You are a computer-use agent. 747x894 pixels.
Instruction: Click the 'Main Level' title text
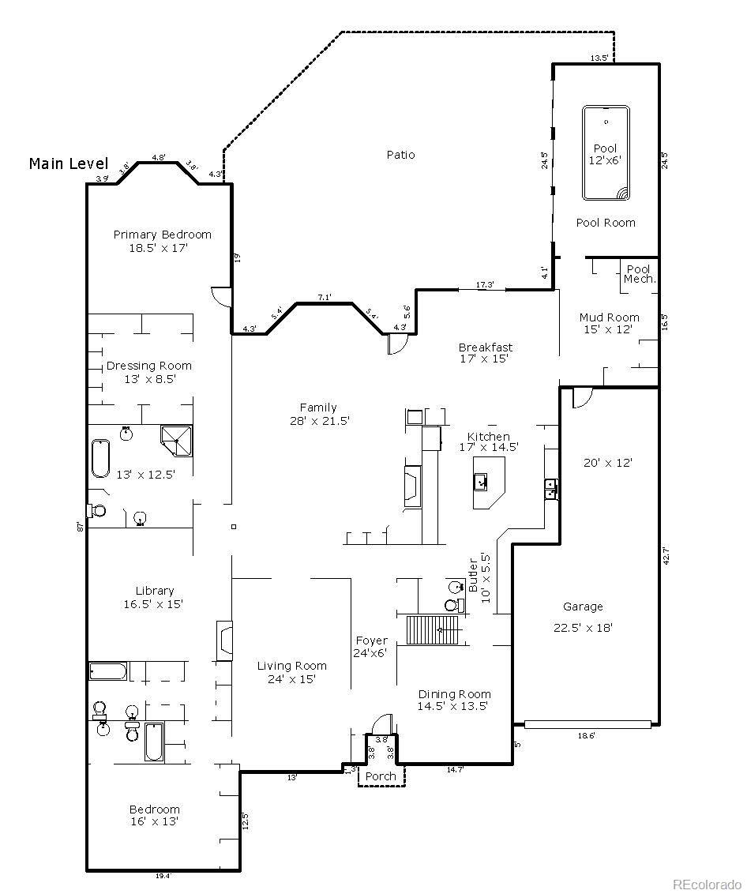[68, 163]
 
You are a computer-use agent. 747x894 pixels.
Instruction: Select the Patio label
[400, 155]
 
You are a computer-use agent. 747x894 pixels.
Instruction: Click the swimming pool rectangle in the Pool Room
[606, 153]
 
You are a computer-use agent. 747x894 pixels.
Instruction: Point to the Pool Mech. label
[639, 274]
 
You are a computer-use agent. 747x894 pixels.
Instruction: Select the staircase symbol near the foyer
[433, 629]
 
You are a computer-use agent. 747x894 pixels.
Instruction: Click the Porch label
[381, 776]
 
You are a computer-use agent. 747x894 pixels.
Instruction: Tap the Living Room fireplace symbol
[225, 640]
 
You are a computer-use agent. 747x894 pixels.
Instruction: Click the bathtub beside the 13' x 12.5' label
[99, 459]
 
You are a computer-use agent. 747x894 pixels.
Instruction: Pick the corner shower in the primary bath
[176, 441]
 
